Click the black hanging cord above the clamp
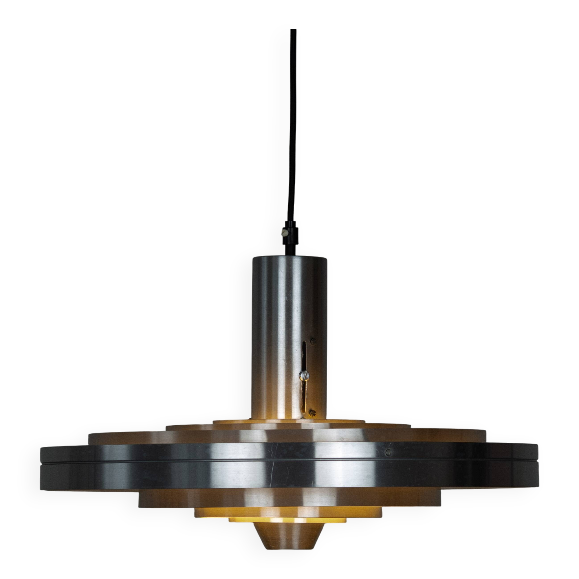point(291,120)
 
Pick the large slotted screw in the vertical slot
point(303,374)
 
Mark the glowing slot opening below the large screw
point(305,395)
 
